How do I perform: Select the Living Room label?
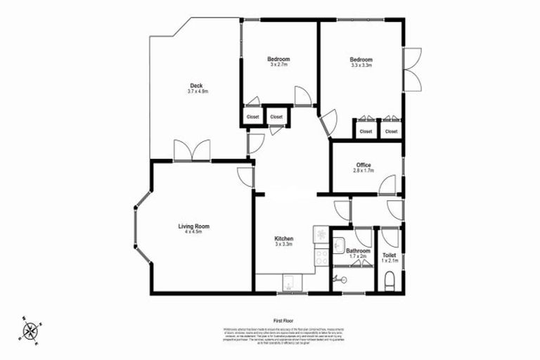[x=193, y=226]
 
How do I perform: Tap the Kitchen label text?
[x=283, y=239]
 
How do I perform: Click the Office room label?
[x=363, y=165]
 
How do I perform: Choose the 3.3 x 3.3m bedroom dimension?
[x=361, y=65]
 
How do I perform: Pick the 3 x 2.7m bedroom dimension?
[x=278, y=65]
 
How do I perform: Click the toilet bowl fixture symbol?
[x=390, y=283]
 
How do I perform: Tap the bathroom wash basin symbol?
[x=338, y=245]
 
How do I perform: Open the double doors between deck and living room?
[x=192, y=150]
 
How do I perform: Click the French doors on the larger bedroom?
[x=412, y=68]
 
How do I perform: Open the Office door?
[x=387, y=186]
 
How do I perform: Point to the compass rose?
[x=31, y=329]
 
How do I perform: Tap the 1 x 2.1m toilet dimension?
[x=390, y=261]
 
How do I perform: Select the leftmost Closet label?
[x=252, y=117]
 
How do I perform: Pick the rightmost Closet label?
[x=391, y=131]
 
